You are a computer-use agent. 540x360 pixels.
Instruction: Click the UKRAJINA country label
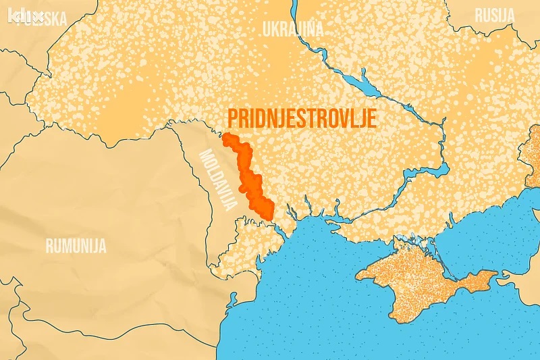(x=293, y=29)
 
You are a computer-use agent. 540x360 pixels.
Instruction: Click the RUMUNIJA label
(x=76, y=245)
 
